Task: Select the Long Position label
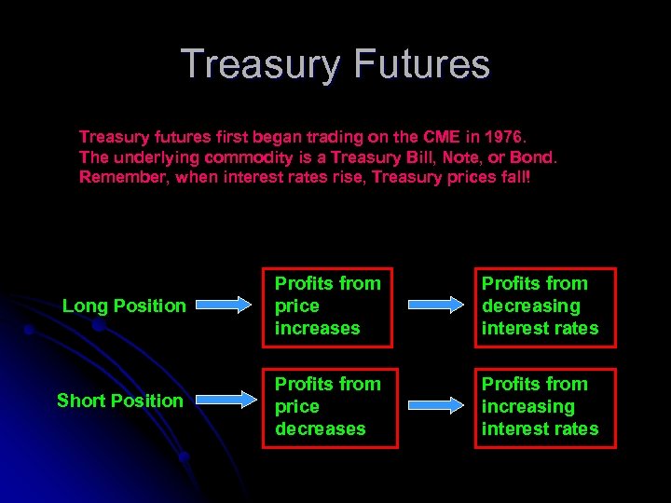[124, 306]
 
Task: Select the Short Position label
[119, 401]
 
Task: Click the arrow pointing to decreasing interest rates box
[437, 305]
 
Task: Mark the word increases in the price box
[317, 328]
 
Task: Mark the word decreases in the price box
[320, 428]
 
